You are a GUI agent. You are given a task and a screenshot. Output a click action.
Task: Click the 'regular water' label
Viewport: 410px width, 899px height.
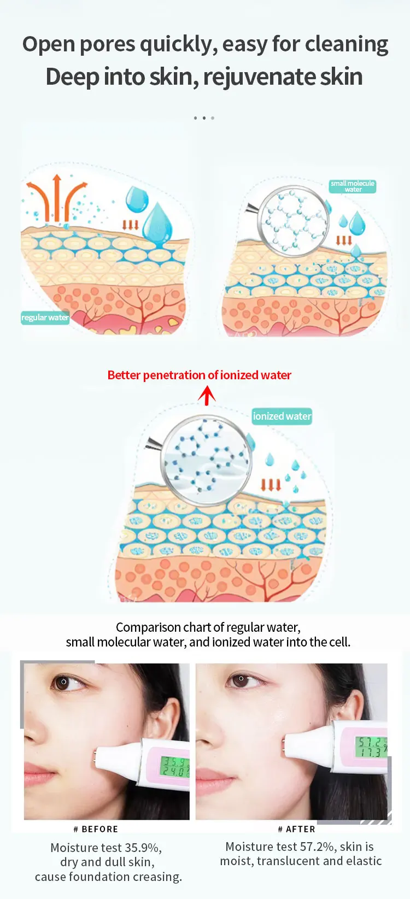(45, 318)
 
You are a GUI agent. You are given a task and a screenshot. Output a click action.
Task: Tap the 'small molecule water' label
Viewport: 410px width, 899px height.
(353, 186)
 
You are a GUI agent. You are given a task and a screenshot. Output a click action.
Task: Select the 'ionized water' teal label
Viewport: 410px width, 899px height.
(282, 416)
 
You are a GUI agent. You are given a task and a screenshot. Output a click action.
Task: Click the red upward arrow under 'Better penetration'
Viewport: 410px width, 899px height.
(207, 395)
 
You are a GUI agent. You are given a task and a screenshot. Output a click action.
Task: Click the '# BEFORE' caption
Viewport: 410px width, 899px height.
(96, 829)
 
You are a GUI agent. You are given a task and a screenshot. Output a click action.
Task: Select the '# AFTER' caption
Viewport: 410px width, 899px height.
(296, 829)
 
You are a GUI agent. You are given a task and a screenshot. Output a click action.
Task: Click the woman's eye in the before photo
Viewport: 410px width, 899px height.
(65, 683)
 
